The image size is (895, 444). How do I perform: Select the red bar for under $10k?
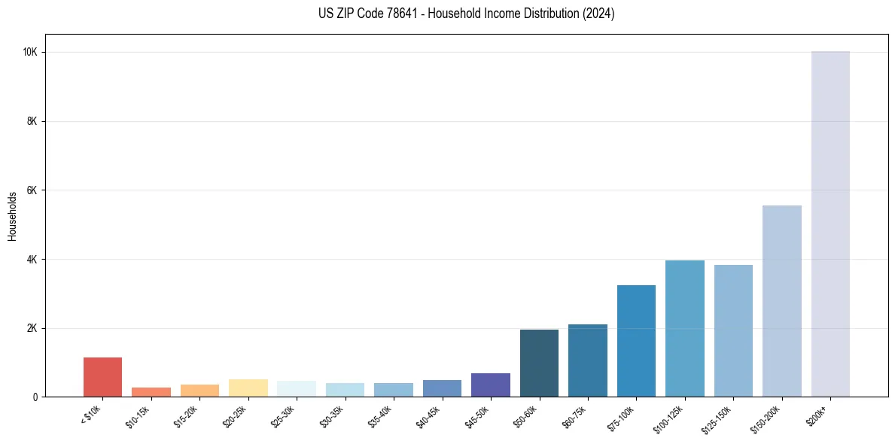click(102, 377)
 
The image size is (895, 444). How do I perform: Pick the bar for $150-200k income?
click(782, 301)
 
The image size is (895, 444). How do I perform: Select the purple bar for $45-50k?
click(491, 385)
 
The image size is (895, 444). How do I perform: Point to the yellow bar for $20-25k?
click(248, 388)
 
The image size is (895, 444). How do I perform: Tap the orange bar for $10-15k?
click(151, 392)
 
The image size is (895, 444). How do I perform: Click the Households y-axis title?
click(13, 215)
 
